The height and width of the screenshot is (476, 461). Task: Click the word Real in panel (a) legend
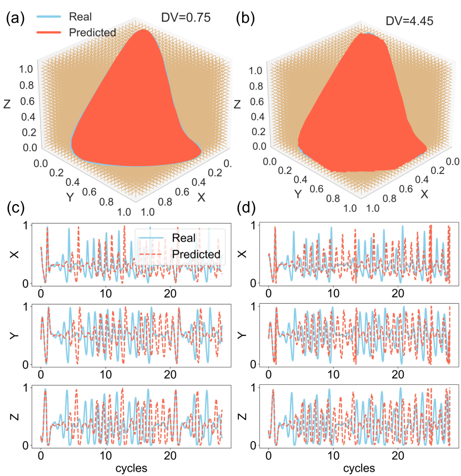(x=81, y=17)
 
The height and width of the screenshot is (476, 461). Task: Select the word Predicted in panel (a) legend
(x=92, y=32)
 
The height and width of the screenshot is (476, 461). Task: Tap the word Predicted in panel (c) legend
(x=197, y=254)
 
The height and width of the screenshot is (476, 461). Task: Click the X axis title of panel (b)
(x=424, y=194)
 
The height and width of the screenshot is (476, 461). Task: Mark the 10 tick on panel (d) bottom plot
(x=333, y=455)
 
